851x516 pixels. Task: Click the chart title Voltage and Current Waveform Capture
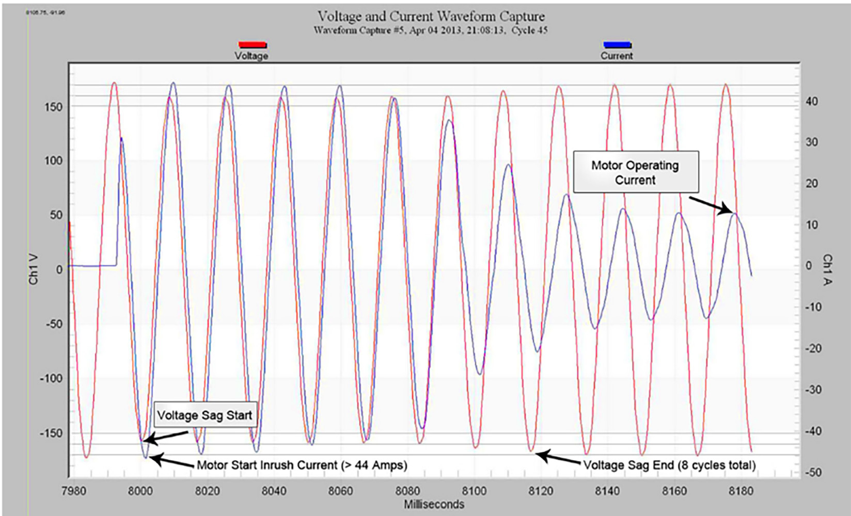[x=431, y=17]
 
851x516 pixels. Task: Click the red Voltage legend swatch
[x=252, y=45]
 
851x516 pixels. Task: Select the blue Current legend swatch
[x=617, y=45]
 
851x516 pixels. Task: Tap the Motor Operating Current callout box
[x=636, y=172]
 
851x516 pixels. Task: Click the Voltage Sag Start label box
[x=204, y=415]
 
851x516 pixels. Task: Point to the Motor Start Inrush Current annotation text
[x=302, y=465]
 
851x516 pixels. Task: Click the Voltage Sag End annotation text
[x=669, y=465]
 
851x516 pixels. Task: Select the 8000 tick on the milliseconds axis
[x=140, y=491]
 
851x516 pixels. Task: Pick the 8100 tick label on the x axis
[x=474, y=491]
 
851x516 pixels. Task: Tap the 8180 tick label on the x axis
[x=740, y=491]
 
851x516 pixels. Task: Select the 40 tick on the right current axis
[x=812, y=101]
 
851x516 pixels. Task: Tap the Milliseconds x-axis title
[x=434, y=504]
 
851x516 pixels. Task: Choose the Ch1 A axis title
[x=827, y=269]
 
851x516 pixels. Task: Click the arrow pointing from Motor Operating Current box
[x=711, y=204]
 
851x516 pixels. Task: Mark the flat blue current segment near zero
[x=93, y=266]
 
